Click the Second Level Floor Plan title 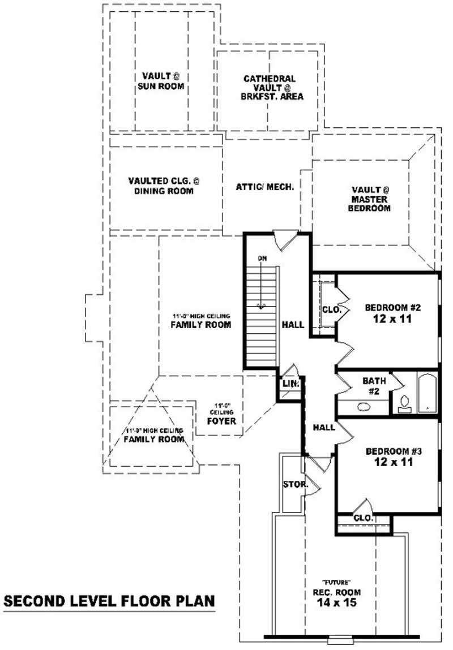click(109, 601)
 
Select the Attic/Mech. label click(265, 186)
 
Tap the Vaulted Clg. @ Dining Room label click(164, 186)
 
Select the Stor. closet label click(295, 485)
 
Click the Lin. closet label click(289, 384)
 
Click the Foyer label click(221, 421)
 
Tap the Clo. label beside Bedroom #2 click(330, 309)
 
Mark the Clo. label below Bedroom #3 click(362, 518)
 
